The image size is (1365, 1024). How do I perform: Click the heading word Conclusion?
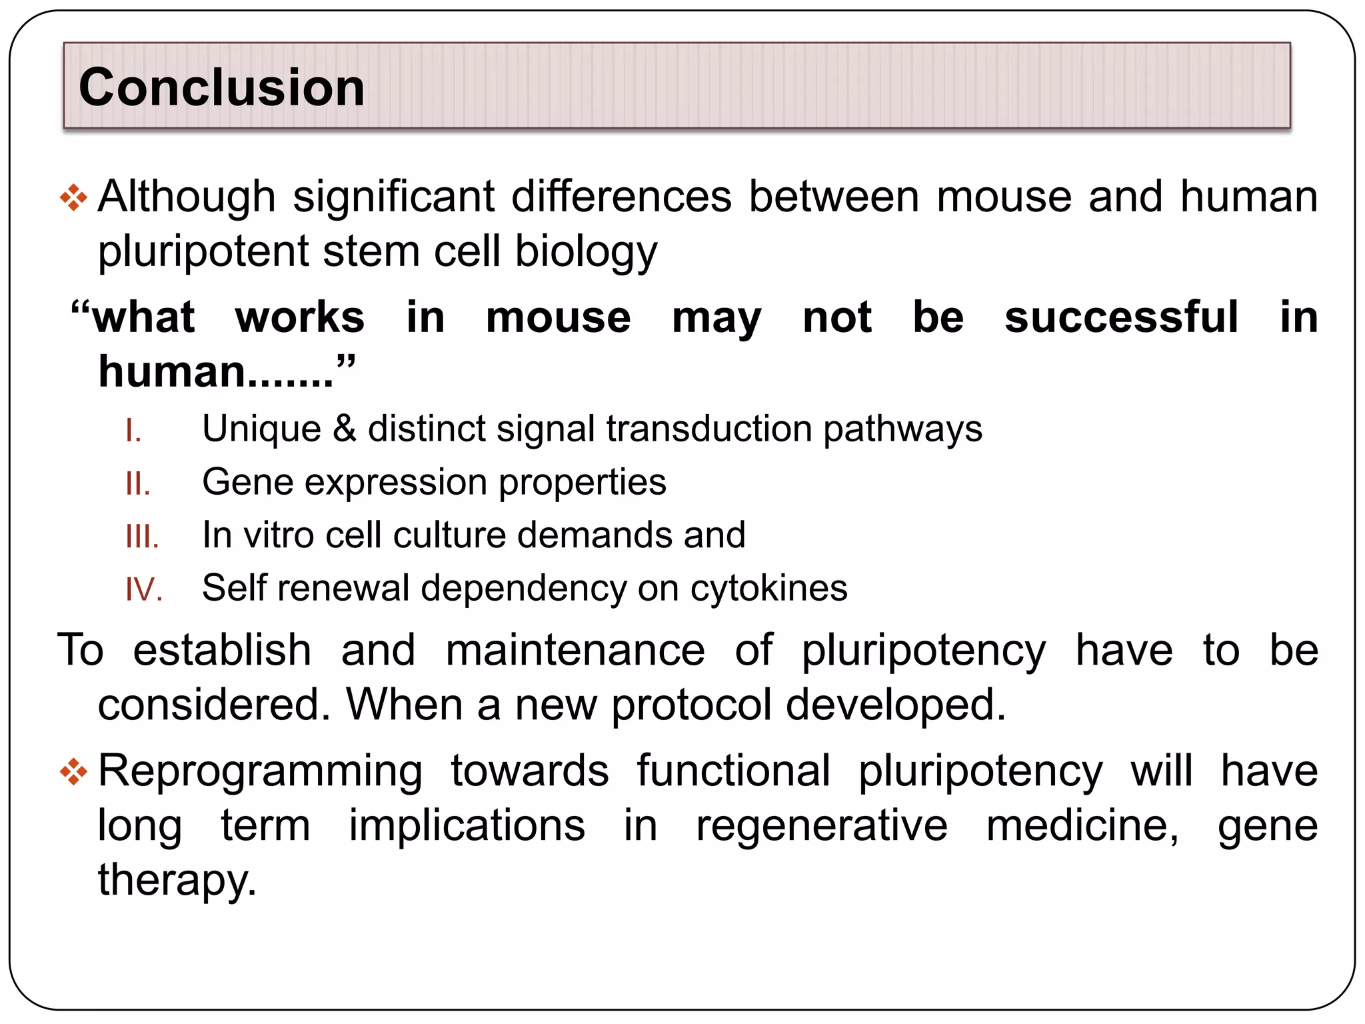(221, 87)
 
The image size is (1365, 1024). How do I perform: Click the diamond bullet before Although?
(73, 198)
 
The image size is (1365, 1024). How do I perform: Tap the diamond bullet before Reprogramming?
(73, 773)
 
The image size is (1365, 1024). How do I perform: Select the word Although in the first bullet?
(187, 197)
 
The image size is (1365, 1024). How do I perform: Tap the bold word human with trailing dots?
(215, 371)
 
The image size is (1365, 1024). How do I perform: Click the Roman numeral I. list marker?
(133, 431)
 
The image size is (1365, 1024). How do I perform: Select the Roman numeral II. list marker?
(138, 483)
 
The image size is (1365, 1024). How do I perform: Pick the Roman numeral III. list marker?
(142, 537)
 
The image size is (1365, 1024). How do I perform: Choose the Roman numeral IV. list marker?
(144, 590)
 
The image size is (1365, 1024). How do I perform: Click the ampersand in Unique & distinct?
(345, 428)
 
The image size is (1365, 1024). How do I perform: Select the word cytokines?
(768, 589)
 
